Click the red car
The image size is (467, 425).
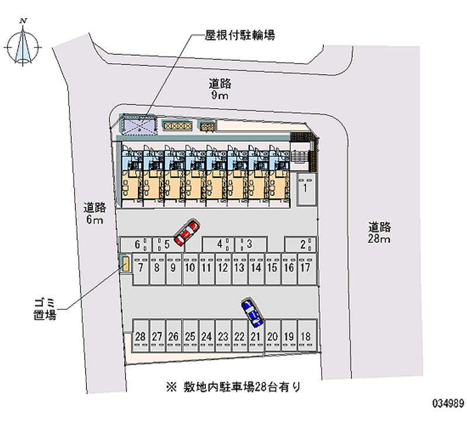click(x=187, y=232)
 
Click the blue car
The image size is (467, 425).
click(x=252, y=312)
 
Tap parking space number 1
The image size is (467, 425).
click(x=305, y=188)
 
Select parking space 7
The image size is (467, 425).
click(x=141, y=268)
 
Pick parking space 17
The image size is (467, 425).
click(x=305, y=268)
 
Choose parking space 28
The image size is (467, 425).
click(x=140, y=337)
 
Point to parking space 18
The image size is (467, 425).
click(x=305, y=337)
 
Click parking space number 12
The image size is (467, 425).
click(x=222, y=268)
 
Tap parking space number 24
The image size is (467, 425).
click(x=206, y=337)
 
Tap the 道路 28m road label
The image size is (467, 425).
click(x=379, y=233)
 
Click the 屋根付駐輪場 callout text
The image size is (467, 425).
click(x=239, y=36)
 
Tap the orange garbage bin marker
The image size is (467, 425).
click(x=125, y=264)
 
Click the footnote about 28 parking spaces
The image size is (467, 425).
click(x=233, y=386)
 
